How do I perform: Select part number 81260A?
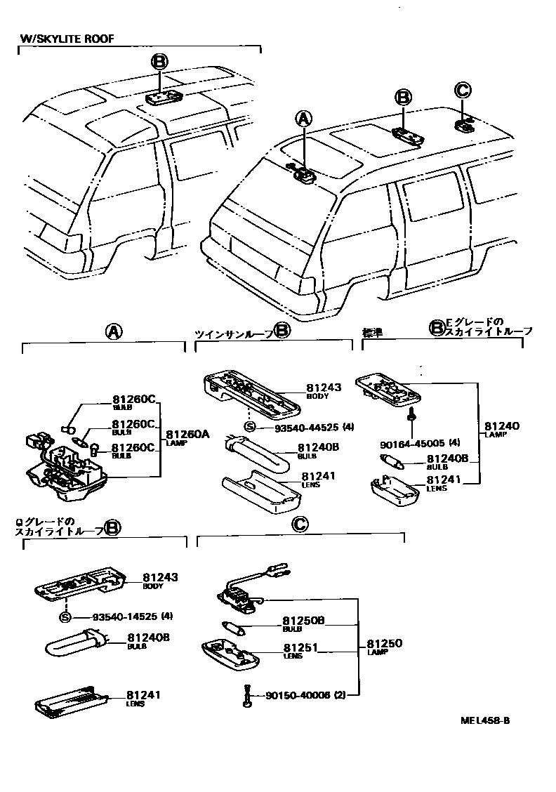click(187, 434)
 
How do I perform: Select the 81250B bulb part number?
click(303, 621)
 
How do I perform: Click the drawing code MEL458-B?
click(485, 720)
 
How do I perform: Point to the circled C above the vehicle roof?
click(462, 89)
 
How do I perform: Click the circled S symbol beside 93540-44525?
click(250, 426)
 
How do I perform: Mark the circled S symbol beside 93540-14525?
click(65, 617)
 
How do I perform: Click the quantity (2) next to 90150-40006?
click(340, 696)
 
